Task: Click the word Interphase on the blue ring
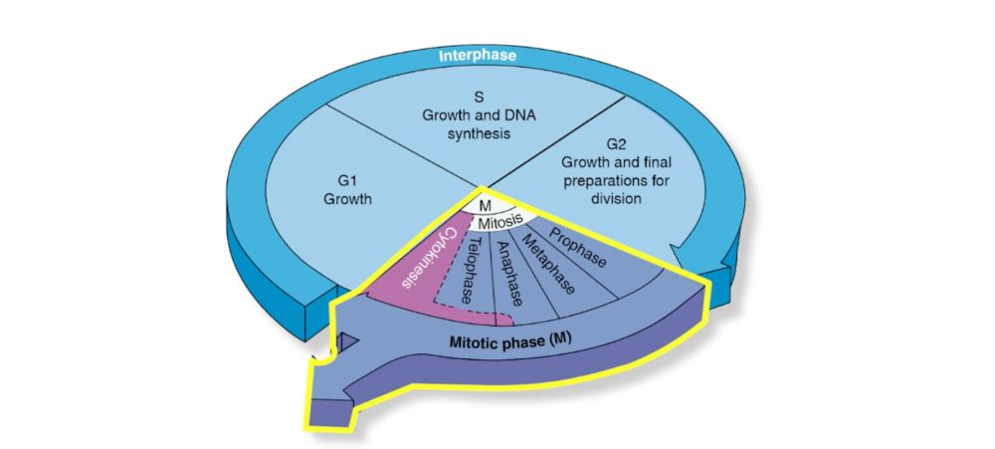(478, 56)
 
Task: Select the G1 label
(347, 180)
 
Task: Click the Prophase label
(578, 245)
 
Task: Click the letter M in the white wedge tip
(485, 206)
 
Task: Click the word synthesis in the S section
(478, 134)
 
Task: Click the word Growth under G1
(347, 198)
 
